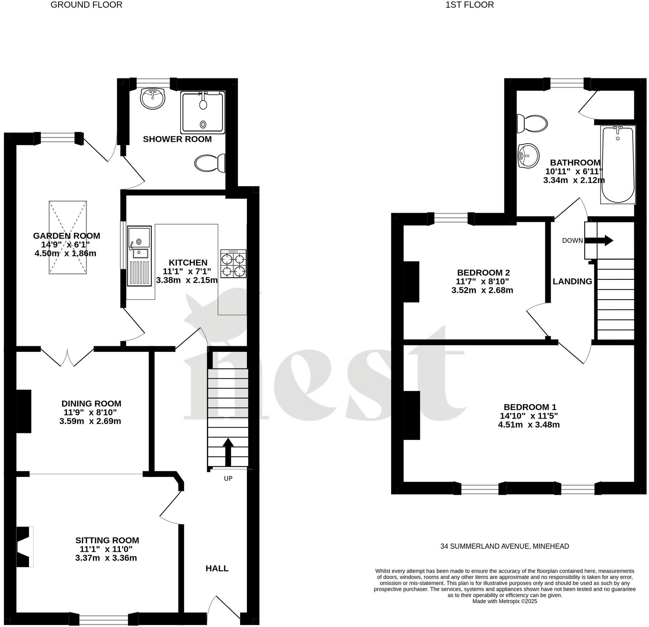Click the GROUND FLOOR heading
pos(87,5)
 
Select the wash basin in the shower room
pos(153,98)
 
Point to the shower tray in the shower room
pos(202,113)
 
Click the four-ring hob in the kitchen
pos(233,263)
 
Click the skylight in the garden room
pos(68,237)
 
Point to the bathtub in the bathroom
pos(618,165)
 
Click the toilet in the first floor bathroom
pos(532,124)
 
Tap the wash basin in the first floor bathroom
pos(528,156)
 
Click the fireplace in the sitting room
pos(24,546)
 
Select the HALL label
pos(217,568)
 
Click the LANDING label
pos(572,281)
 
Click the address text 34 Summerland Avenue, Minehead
pos(504,546)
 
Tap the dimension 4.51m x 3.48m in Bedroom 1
pos(529,424)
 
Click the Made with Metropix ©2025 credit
pos(504,601)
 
